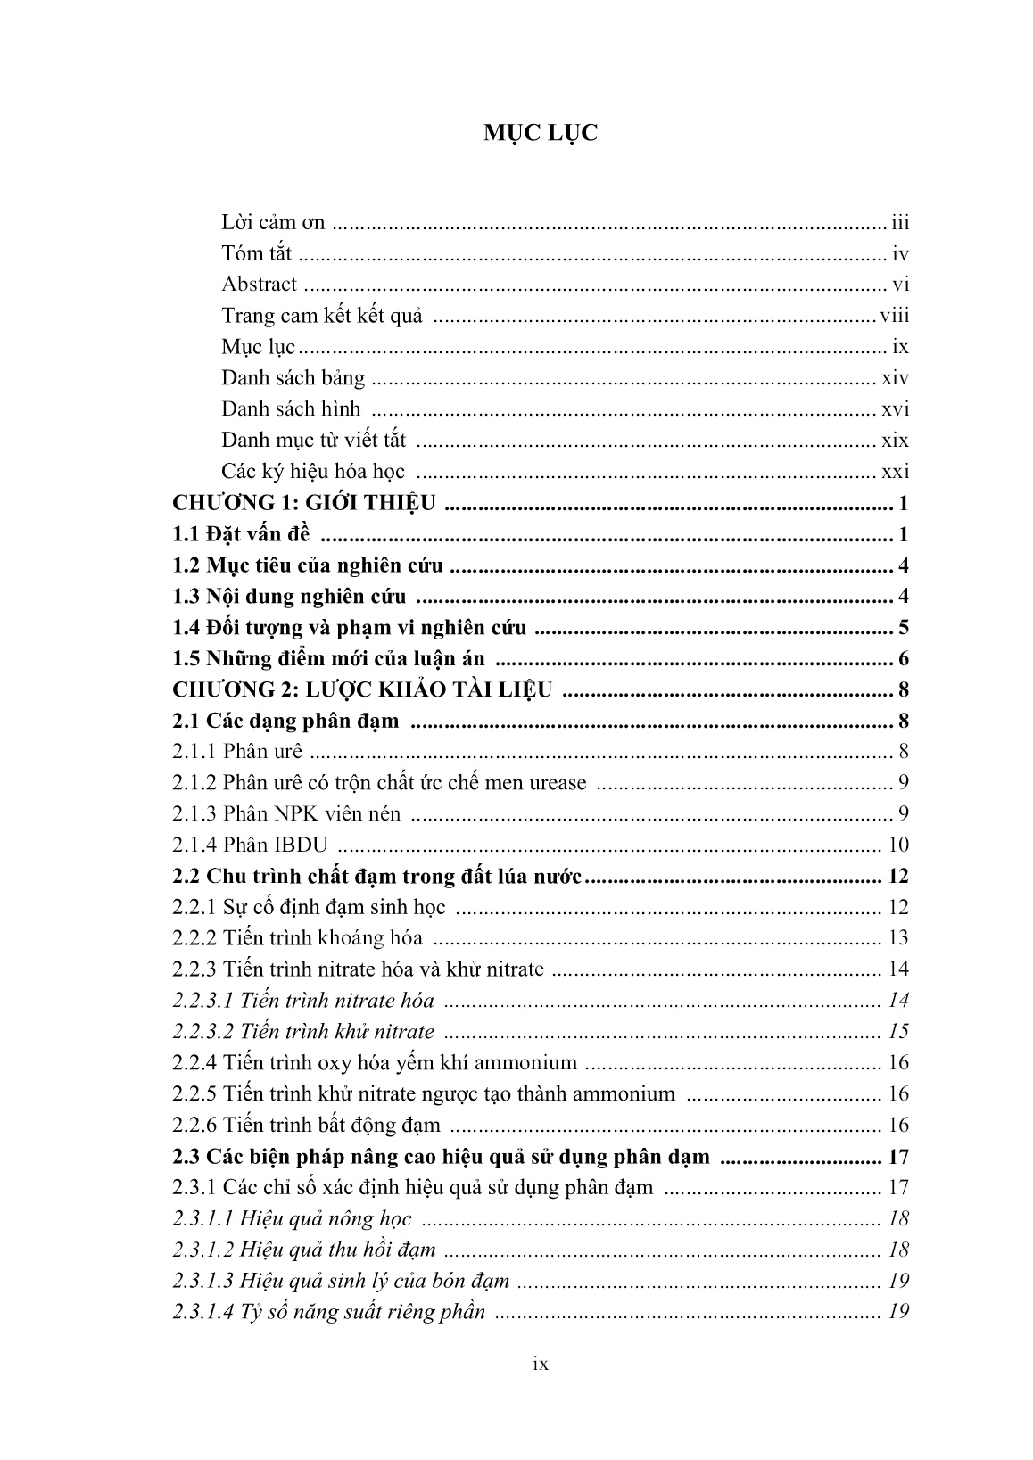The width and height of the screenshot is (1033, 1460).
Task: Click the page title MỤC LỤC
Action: pos(541,134)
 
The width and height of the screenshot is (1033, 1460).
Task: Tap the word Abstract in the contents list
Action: pos(259,285)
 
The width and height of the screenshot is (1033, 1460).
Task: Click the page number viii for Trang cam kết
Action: pos(894,316)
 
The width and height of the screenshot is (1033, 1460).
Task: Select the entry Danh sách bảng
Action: pos(293,378)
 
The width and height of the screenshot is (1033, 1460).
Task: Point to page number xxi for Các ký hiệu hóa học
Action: pos(895,472)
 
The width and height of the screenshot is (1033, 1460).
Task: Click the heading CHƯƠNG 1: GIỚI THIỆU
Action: pos(304,503)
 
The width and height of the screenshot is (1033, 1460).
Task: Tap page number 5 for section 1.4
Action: pos(903,628)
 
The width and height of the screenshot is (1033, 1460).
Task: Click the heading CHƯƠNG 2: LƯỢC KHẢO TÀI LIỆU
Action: pos(362,689)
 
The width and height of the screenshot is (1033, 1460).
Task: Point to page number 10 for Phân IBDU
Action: pos(898,845)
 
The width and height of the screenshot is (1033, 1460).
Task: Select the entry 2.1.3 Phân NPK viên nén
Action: pos(286,813)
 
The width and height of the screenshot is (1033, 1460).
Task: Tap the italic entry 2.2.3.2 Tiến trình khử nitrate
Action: pos(303,1032)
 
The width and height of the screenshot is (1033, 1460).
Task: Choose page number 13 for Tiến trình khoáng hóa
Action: pos(898,938)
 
